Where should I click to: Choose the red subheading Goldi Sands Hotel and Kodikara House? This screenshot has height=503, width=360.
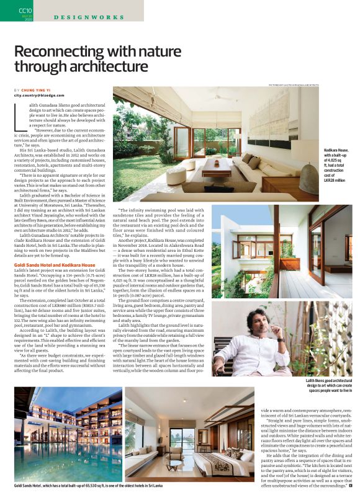(54, 265)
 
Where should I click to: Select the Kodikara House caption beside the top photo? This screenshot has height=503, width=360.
(340, 170)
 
